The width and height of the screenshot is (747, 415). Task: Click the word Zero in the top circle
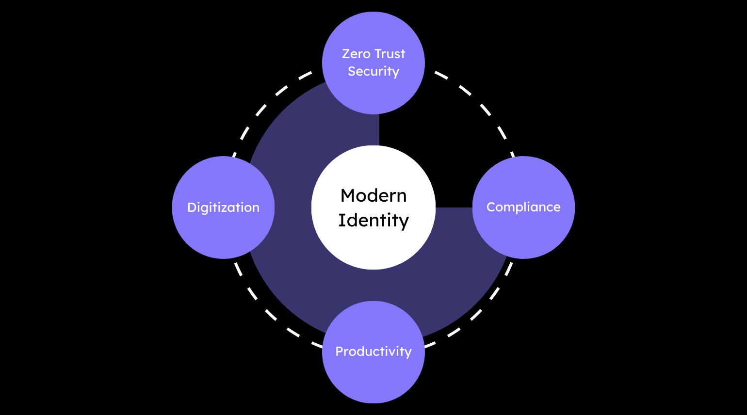coord(356,54)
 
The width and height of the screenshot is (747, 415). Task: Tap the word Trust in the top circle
coord(390,54)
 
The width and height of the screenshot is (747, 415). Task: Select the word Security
coord(373,71)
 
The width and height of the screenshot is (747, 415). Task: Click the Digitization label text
coord(223,207)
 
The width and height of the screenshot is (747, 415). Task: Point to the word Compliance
coord(523,207)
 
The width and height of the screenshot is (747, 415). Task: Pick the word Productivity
coord(373,351)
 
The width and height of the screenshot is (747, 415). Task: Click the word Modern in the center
coord(373,195)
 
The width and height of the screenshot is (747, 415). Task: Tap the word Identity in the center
coord(373,220)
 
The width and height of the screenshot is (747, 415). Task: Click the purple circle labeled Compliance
coord(523,233)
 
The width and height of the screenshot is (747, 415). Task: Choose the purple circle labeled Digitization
coord(223,233)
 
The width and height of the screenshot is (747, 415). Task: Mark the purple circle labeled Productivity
coord(373,378)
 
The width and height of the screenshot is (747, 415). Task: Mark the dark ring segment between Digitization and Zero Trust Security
coord(301,126)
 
